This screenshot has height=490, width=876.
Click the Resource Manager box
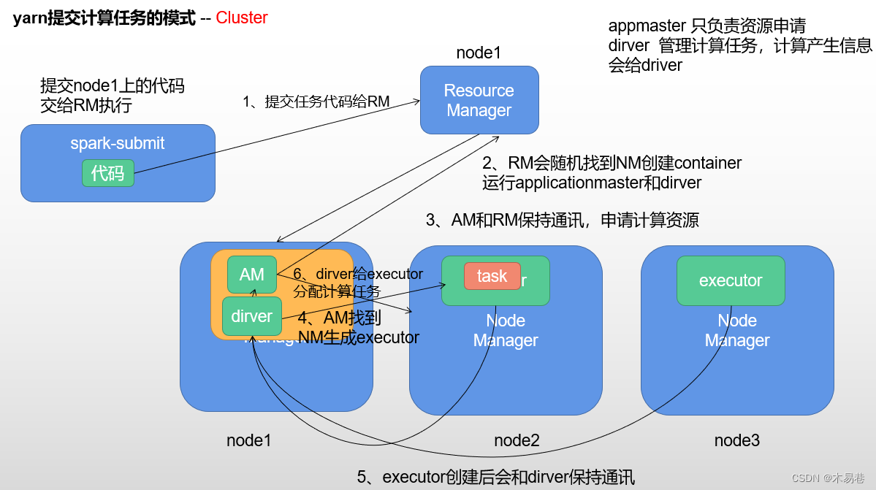[x=479, y=100]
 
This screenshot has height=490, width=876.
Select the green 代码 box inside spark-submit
[x=107, y=173]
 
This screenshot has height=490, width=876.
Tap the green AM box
[x=251, y=275]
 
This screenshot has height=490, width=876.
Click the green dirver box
[x=251, y=316]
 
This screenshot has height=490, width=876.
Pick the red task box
[x=492, y=276]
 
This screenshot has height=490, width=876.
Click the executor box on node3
[x=730, y=280]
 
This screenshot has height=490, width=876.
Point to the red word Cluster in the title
[x=242, y=18]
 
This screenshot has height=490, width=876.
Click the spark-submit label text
[x=117, y=143]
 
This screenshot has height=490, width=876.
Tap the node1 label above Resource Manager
[x=479, y=53]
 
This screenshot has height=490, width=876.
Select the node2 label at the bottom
[x=517, y=440]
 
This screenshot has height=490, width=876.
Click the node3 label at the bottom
[x=736, y=440]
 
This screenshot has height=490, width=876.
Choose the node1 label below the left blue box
[x=248, y=440]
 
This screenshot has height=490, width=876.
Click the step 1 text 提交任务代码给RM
[x=316, y=102]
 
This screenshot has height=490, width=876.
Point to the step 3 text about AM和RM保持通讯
[x=562, y=220]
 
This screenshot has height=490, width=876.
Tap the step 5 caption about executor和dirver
[x=495, y=478]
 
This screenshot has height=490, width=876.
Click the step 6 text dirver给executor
[x=358, y=275]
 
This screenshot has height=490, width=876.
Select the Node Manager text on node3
[x=737, y=330]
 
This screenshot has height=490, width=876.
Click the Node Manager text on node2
[x=506, y=330]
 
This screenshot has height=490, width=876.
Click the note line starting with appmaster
[x=706, y=26]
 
